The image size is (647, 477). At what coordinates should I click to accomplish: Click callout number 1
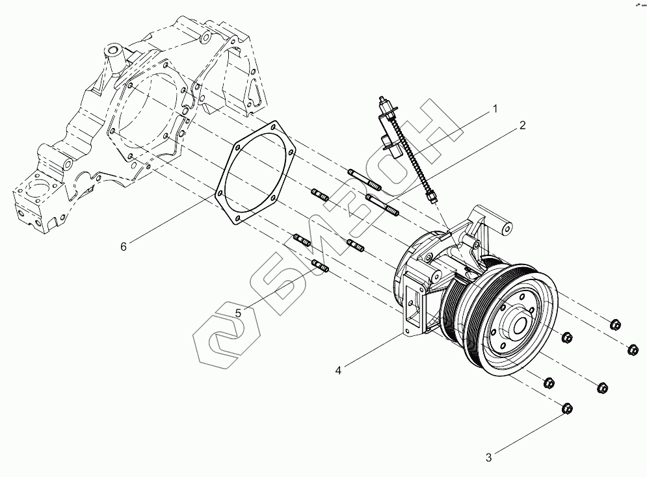tap(494, 109)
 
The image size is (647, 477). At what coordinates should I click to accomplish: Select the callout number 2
tap(522, 127)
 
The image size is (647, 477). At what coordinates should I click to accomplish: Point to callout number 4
tap(339, 370)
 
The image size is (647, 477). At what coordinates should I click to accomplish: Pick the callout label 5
tap(239, 313)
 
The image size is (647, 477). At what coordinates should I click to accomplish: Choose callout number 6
tap(123, 246)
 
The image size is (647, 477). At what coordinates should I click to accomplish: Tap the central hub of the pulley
tap(520, 322)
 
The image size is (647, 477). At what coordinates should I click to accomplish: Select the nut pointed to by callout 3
tap(566, 409)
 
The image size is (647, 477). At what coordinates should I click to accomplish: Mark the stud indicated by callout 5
tap(321, 266)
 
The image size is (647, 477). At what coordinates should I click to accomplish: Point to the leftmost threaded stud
tap(302, 238)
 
